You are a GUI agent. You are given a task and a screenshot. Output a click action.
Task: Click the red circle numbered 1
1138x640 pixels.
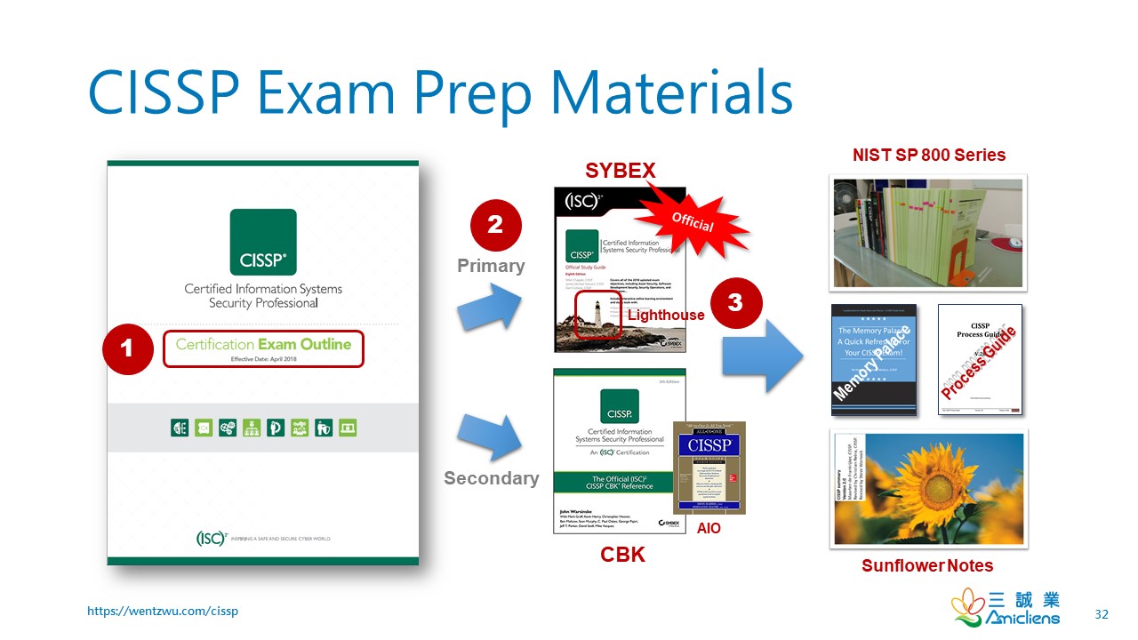(127, 348)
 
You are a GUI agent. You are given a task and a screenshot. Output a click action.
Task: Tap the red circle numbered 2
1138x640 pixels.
(495, 226)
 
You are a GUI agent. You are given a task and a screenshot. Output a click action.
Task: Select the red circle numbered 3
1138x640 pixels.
(735, 303)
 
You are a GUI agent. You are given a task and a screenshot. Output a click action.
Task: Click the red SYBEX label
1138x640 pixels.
(620, 171)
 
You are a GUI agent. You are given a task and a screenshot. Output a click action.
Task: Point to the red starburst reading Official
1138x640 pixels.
(693, 222)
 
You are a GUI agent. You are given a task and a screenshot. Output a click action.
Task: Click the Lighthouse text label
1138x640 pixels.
(666, 315)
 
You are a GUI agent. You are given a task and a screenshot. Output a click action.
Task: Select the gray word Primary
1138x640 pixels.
(491, 266)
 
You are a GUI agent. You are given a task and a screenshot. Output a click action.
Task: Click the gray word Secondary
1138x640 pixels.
(491, 478)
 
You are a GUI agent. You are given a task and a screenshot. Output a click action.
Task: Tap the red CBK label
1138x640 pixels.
(622, 556)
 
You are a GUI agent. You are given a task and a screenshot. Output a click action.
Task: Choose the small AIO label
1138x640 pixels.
(709, 528)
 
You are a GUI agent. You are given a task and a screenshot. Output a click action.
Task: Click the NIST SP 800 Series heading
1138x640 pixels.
(928, 155)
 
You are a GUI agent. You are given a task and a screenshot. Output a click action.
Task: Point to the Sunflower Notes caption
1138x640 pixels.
(927, 565)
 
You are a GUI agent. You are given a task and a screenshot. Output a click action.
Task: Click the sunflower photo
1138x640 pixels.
(928, 488)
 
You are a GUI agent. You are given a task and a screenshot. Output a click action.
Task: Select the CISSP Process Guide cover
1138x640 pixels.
(980, 359)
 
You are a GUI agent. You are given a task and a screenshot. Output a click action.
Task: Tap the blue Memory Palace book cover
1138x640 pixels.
(873, 359)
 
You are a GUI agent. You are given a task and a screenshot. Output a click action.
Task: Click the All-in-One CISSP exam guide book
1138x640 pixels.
(709, 468)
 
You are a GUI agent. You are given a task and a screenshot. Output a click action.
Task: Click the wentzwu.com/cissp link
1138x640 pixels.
(163, 611)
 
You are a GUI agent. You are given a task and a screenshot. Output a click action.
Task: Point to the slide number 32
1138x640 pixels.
(1102, 614)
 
